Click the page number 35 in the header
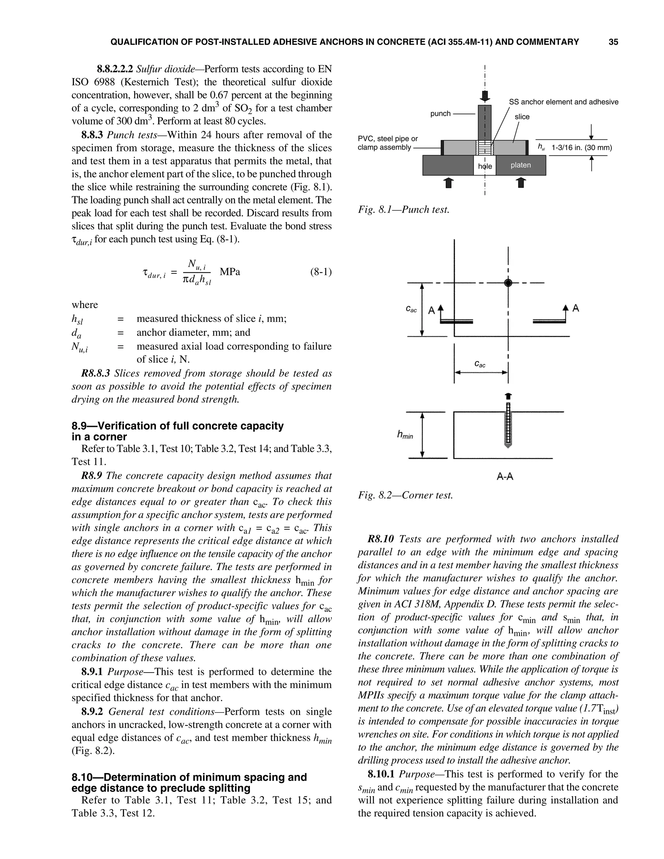(613, 42)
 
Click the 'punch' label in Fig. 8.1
(440, 114)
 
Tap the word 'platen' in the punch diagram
(520, 165)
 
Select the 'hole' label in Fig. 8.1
(485, 166)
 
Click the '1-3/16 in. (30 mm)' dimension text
(581, 148)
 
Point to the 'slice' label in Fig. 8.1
(522, 117)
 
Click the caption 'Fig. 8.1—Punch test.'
(403, 210)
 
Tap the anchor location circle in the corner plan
(508, 283)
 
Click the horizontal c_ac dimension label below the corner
(480, 364)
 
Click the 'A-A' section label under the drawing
(505, 477)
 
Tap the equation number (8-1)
(321, 272)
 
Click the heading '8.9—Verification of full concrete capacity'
(177, 426)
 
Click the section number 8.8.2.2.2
(115, 69)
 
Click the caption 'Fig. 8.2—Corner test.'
(405, 495)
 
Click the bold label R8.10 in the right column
(380, 539)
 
